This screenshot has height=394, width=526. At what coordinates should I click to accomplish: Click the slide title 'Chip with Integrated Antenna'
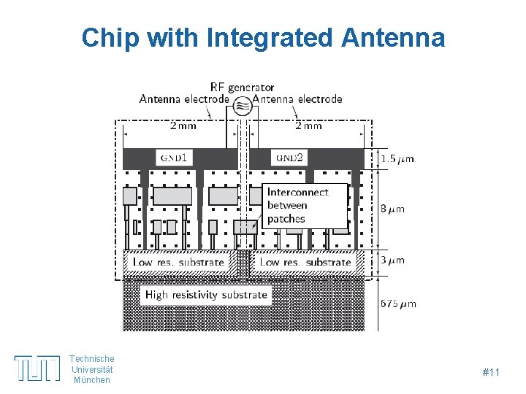point(263,37)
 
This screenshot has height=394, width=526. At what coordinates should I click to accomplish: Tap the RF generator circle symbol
point(243,107)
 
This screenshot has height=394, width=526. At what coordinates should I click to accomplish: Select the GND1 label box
point(175,158)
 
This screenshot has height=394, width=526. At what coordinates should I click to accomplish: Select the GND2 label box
point(289,158)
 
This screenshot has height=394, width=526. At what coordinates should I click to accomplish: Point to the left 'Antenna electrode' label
point(183,99)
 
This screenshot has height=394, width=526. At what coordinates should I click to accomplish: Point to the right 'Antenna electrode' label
point(301,99)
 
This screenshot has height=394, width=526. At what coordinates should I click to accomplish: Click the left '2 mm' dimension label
point(183,125)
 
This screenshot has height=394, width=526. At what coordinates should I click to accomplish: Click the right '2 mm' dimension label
point(308,125)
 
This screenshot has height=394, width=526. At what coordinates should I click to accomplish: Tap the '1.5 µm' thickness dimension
point(398,158)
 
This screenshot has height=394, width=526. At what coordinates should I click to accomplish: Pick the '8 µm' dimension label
point(392,209)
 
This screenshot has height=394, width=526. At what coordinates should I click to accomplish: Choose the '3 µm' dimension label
point(392,260)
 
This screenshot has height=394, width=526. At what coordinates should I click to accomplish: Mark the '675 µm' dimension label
point(398,304)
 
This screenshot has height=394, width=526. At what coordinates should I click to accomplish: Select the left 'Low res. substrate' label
point(178,262)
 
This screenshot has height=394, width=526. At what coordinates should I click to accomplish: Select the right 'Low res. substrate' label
point(305,262)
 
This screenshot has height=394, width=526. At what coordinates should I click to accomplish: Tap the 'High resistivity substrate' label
point(207,295)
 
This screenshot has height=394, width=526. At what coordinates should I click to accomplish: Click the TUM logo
point(37,368)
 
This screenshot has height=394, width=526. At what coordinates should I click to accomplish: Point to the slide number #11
point(491,373)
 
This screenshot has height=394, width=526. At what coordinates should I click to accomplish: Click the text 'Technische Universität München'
point(92,368)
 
